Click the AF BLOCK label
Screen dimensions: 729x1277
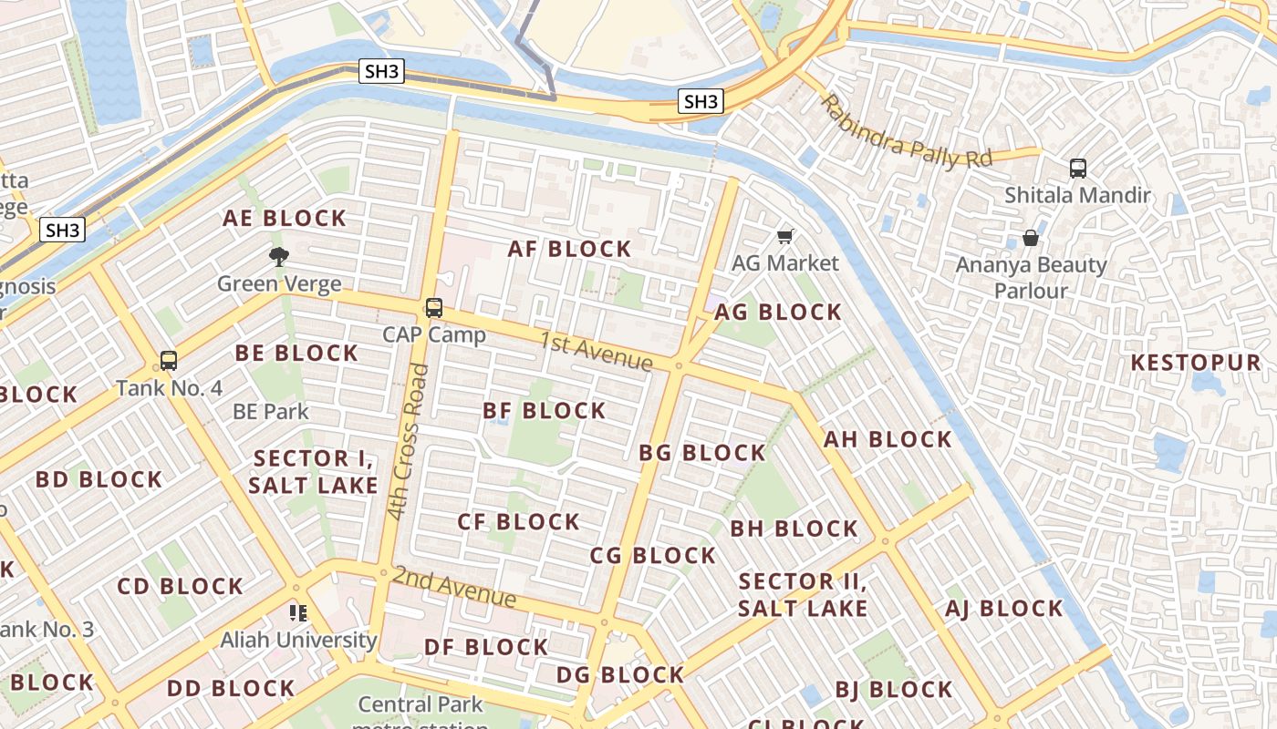570,249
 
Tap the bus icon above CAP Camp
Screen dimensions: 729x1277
434,308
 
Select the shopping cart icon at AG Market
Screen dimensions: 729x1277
784,237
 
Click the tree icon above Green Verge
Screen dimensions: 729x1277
279,257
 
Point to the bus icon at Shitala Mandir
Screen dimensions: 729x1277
1077,169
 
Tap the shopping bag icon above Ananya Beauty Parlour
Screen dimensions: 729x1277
1030,239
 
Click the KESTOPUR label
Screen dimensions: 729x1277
1195,363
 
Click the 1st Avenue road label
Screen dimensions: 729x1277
596,352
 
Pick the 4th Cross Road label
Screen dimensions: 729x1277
407,442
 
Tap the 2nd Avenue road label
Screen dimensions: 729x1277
454,587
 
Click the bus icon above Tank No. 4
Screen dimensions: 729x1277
169,361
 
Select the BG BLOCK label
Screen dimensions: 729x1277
701,453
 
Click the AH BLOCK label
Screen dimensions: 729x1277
888,439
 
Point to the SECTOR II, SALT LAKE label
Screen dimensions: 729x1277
802,595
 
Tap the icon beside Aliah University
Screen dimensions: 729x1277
298,613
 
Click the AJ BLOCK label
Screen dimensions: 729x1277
1003,609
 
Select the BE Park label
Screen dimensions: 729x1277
271,412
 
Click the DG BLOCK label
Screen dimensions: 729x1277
620,675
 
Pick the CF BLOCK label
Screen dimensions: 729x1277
518,522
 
